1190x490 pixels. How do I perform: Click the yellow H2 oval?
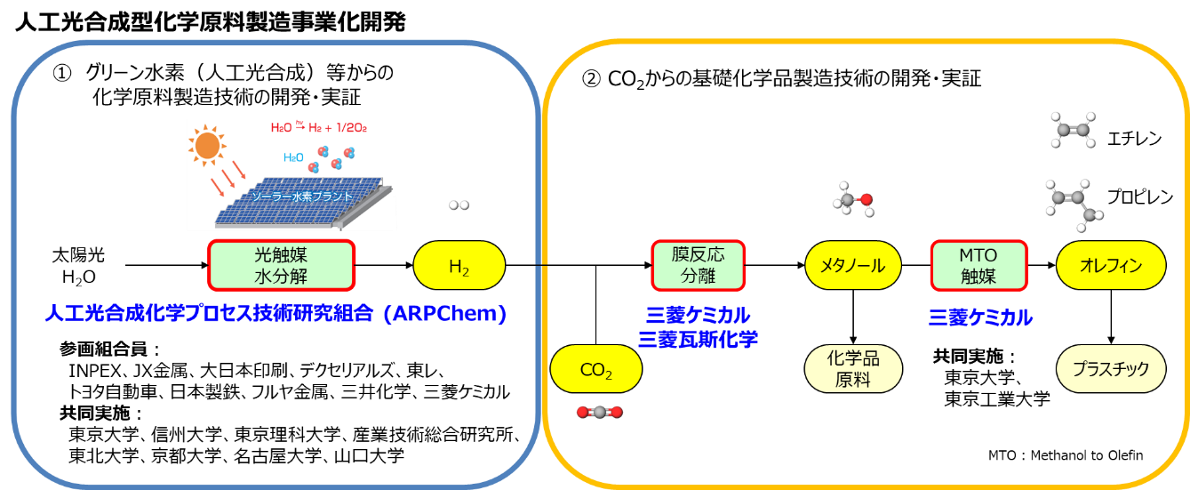459,266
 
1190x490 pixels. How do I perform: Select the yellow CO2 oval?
595,369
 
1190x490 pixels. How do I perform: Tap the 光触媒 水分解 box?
281,265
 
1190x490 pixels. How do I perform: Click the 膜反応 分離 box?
698,265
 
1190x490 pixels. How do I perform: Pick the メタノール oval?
852,266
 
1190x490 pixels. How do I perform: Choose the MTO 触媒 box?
978,265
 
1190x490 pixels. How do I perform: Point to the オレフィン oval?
1110,265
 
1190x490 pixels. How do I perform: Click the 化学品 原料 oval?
852,369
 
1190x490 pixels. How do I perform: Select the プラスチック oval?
1110,369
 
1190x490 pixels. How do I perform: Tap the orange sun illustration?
207,145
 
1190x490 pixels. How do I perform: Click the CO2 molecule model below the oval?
599,412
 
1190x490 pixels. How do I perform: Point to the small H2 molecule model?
459,205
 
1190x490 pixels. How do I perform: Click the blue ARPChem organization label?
276,314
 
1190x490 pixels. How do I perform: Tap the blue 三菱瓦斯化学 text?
698,339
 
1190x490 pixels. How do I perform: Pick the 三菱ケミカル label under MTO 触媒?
980,317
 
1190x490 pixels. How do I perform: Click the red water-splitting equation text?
318,128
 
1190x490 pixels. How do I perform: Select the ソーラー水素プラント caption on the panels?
301,197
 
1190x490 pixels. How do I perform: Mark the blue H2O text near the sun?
293,157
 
